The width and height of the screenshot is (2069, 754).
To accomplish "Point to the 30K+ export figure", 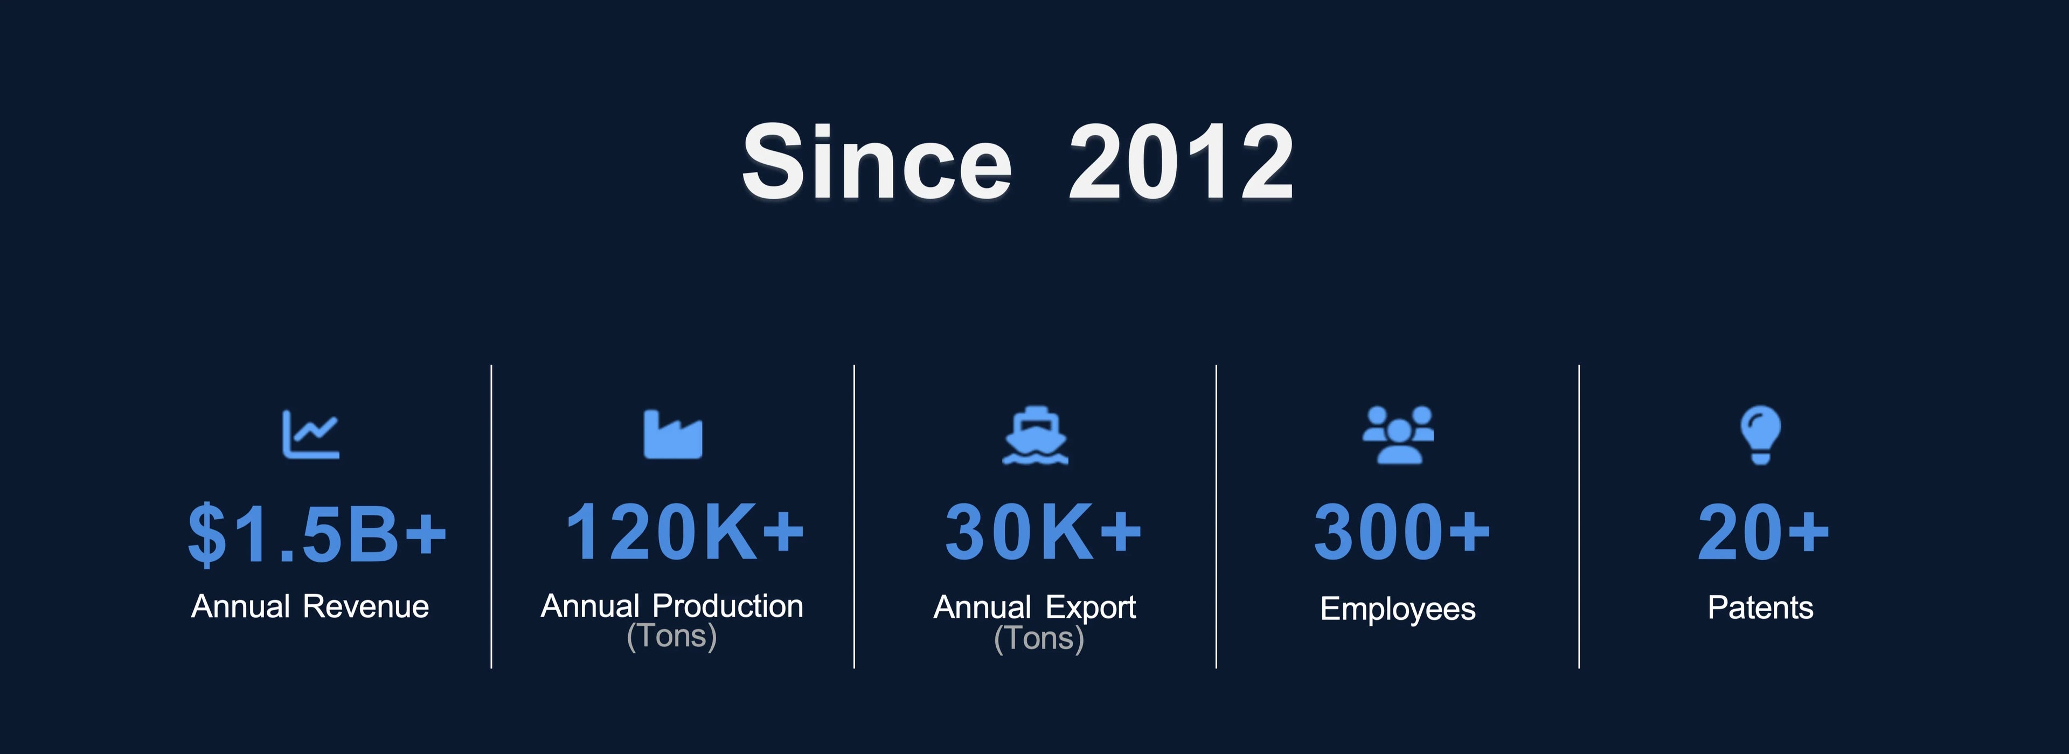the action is [x=1043, y=531].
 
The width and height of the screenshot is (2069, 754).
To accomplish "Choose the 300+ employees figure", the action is [x=1401, y=531].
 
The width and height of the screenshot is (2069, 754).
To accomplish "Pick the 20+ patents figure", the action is [x=1763, y=531].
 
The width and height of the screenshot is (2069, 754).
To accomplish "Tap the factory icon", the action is [x=673, y=435].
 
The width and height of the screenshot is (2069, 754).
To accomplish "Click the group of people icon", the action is [x=1398, y=435].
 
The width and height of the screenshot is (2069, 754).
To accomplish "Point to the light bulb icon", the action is [x=1761, y=435].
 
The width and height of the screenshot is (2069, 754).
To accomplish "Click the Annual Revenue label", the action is [x=310, y=606].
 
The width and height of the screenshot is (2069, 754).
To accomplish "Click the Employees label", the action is [x=1398, y=609].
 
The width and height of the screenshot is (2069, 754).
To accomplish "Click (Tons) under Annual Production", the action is [x=671, y=636].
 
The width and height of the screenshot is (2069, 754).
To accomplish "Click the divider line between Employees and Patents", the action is [x=1579, y=516].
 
